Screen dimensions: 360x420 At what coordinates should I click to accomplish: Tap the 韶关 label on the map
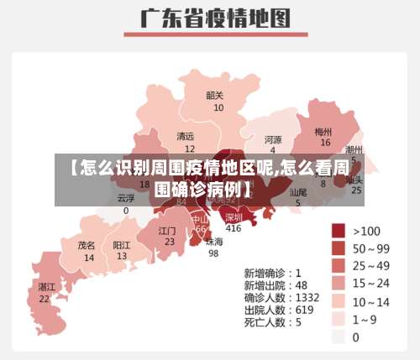(215, 95)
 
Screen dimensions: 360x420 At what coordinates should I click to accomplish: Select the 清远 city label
(185, 136)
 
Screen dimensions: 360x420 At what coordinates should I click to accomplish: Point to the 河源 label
(273, 139)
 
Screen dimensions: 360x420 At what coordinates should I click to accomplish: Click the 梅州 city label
(323, 132)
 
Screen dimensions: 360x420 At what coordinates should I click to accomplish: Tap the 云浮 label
(125, 199)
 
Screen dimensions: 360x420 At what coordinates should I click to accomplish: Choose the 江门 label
(167, 230)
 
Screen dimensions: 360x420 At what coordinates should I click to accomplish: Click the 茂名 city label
(87, 246)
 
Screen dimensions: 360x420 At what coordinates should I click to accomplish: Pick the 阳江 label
(122, 246)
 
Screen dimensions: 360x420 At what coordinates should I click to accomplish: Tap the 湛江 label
(45, 287)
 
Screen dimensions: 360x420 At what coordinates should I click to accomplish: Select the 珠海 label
(214, 242)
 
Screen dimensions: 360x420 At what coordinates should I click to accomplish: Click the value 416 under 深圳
(233, 228)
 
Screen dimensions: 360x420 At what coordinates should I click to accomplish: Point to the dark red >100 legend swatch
(339, 230)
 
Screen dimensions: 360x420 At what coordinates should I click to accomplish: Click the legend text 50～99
(371, 248)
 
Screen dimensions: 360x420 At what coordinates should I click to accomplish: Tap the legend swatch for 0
(339, 337)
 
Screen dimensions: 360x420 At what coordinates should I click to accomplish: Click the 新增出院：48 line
(276, 285)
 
